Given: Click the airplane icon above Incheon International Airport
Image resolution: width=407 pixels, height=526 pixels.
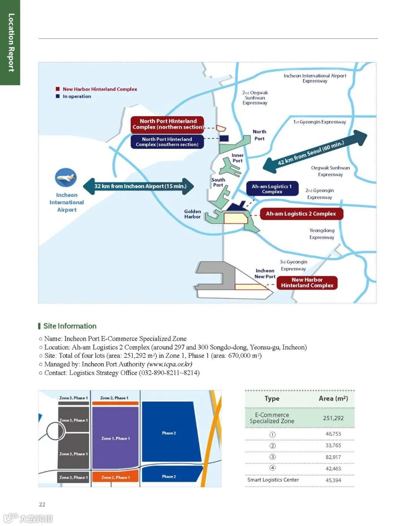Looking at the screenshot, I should tap(66, 178).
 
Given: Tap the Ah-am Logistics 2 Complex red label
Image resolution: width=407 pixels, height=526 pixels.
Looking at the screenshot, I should tap(301, 214).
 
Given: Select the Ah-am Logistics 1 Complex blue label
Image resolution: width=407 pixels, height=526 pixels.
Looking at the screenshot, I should tap(272, 189).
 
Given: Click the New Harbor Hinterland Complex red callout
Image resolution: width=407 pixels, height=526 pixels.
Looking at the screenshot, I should tap(307, 283).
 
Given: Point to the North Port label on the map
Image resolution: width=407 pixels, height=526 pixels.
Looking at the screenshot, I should tap(259, 135).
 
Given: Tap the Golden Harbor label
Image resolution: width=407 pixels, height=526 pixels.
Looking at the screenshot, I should tap(192, 214).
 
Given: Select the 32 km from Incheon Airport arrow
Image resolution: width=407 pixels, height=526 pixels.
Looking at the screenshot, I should tap(139, 186).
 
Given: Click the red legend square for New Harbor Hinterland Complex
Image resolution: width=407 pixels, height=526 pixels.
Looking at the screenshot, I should tap(58, 89).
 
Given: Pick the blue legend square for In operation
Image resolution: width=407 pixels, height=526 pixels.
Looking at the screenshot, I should tap(58, 96).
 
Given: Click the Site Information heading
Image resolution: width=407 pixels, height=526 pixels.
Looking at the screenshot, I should tap(70, 326).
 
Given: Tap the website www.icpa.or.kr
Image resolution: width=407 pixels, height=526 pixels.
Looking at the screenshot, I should tap(170, 364).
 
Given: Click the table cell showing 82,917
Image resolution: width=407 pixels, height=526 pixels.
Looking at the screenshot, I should tap(333, 457).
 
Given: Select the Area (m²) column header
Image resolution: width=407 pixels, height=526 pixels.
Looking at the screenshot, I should tap(333, 398).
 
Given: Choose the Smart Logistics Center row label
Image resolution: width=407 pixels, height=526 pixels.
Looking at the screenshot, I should tap(273, 480).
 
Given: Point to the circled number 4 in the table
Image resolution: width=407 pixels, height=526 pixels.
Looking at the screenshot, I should tap(272, 468).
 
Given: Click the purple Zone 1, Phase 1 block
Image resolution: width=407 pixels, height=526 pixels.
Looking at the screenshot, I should tap(115, 438).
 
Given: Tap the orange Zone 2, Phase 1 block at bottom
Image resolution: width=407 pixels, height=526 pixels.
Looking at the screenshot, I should tap(115, 477).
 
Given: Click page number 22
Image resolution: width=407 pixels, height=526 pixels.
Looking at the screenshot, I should tap(42, 505).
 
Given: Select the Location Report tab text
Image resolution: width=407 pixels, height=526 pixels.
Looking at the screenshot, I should tap(11, 43).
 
